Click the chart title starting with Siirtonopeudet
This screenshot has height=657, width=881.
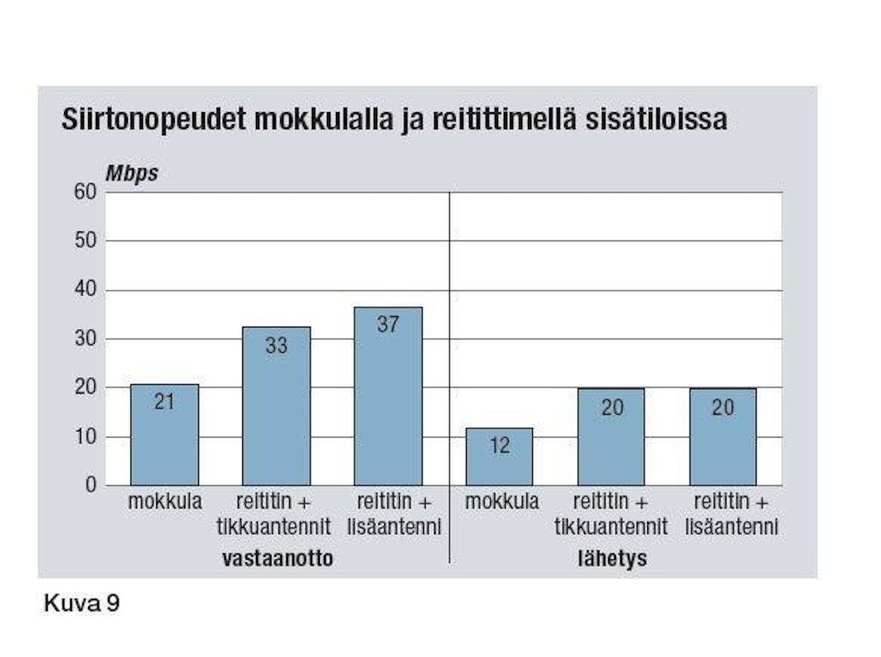tap(394, 120)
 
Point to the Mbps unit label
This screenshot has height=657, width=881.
tap(131, 173)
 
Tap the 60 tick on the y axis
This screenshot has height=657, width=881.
tap(85, 192)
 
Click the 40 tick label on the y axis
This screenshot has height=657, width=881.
tap(85, 291)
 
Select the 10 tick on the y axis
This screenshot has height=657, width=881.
tap(86, 437)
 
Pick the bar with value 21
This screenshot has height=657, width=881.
tap(164, 435)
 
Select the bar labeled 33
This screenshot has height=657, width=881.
tap(276, 406)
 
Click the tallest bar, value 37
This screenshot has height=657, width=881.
tap(388, 396)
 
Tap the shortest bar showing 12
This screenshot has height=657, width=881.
tap(499, 457)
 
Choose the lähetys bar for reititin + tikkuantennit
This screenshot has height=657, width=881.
tap(611, 437)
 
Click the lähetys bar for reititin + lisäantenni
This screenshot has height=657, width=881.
tap(723, 437)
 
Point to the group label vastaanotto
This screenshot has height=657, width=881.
tap(278, 559)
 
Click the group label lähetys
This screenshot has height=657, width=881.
tap(612, 559)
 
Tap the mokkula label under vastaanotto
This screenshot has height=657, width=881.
tap(165, 502)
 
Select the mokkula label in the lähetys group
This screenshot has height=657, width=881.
tap(502, 502)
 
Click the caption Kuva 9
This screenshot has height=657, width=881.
tap(82, 604)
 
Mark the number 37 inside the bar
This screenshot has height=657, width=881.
tap(388, 325)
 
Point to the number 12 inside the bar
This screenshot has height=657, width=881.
tap(499, 445)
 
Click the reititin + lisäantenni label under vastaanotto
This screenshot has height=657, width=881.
tap(394, 514)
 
